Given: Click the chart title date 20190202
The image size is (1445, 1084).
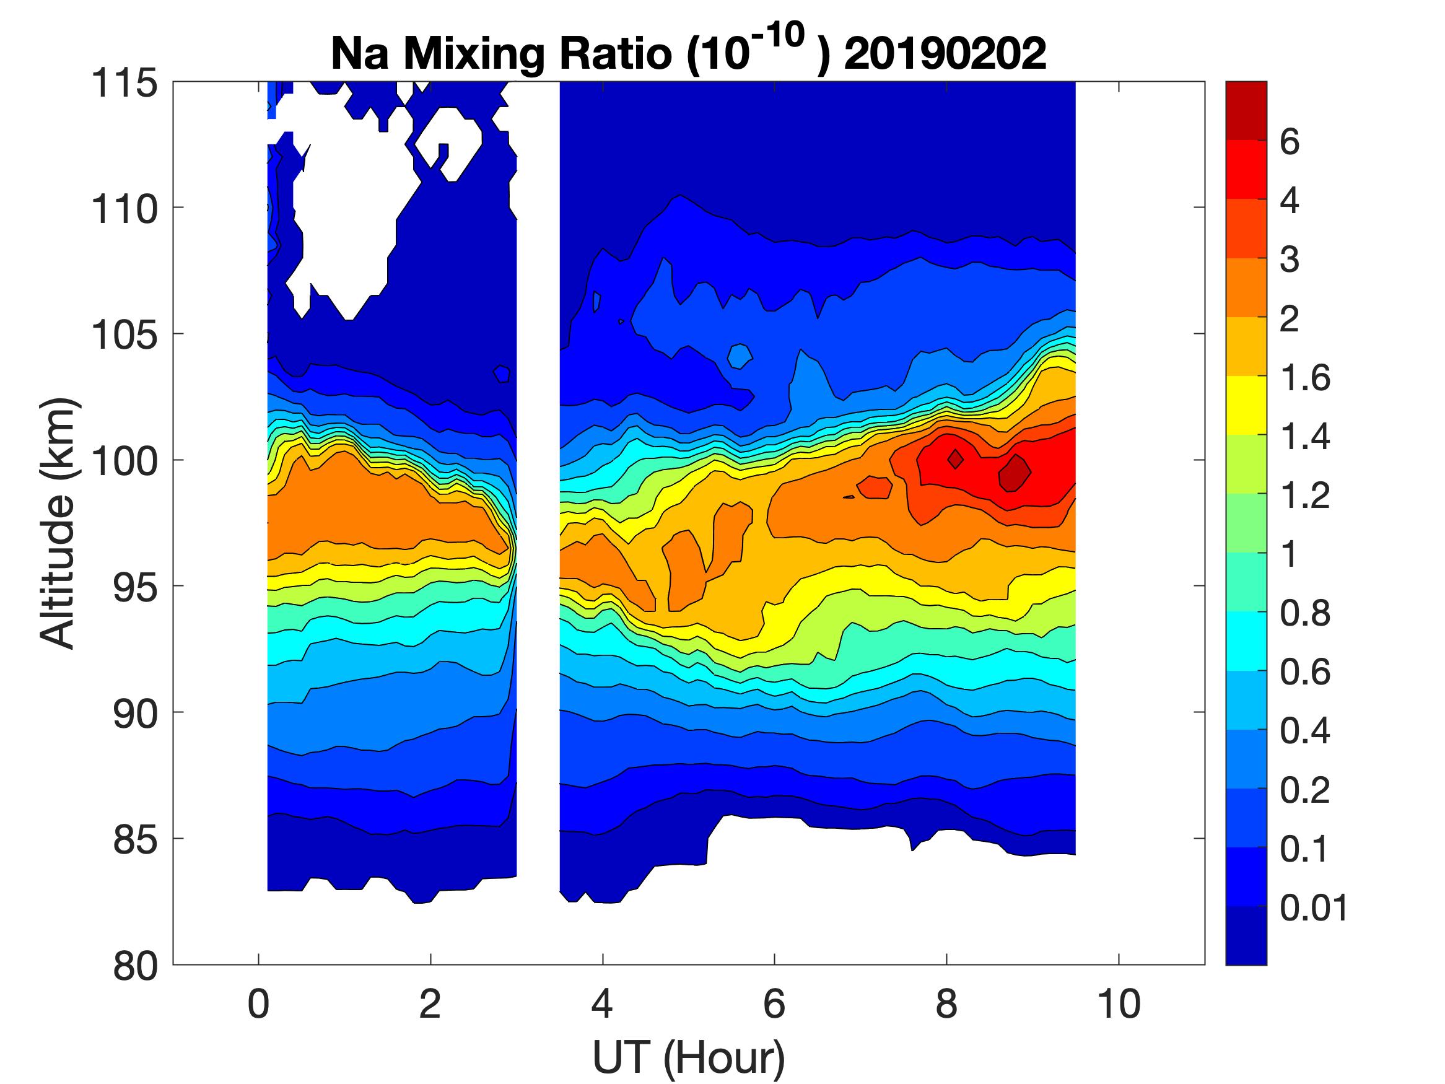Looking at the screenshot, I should pyautogui.click(x=945, y=53).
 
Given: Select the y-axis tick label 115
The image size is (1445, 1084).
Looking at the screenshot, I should pyautogui.click(x=124, y=84).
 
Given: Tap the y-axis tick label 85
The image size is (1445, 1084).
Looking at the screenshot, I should pyautogui.click(x=135, y=839).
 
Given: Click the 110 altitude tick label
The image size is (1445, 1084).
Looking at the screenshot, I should pyautogui.click(x=124, y=210).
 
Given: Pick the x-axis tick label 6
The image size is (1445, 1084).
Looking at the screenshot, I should pyautogui.click(x=774, y=1004).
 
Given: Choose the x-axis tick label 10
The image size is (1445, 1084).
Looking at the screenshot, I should pyautogui.click(x=1119, y=1004).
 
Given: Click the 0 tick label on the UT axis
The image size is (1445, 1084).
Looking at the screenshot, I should pyautogui.click(x=259, y=1004).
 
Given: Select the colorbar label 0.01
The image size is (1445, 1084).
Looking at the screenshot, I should pyautogui.click(x=1314, y=907).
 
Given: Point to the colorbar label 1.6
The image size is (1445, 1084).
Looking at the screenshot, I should pyautogui.click(x=1304, y=378).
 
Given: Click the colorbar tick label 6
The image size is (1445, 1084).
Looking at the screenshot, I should pyautogui.click(x=1290, y=142).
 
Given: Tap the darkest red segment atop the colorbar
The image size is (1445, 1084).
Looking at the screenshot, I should pyautogui.click(x=1246, y=110).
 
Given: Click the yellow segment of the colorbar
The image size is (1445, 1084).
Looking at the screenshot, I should pyautogui.click(x=1246, y=405).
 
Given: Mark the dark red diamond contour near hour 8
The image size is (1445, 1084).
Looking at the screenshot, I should pyautogui.click(x=955, y=460).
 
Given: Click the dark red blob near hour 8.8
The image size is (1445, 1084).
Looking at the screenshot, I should pyautogui.click(x=1015, y=473).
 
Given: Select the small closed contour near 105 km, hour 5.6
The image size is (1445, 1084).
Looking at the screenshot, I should pyautogui.click(x=740, y=356).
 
